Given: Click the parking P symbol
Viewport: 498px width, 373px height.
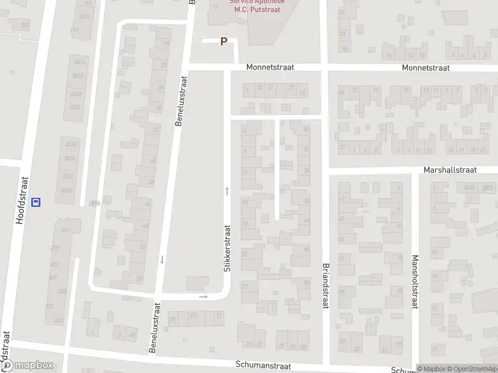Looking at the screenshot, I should pyautogui.click(x=224, y=42).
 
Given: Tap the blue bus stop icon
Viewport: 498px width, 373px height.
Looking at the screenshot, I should pyautogui.click(x=36, y=201).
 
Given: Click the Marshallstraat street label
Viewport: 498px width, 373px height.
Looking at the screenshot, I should pyautogui.click(x=449, y=169).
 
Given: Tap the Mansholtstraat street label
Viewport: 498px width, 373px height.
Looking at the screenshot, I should pyautogui.click(x=413, y=281).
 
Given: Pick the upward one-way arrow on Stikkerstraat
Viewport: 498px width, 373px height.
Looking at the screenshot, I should pyautogui.click(x=227, y=191).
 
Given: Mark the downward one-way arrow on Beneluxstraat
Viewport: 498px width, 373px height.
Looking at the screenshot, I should pyautogui.click(x=162, y=259).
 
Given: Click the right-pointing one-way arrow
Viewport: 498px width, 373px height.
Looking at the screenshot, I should pyautogui.click(x=204, y=297).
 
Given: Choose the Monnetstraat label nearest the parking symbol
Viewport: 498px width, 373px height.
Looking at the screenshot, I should pyautogui.click(x=270, y=67).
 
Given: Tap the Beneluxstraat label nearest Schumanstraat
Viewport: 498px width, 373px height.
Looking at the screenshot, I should pyautogui.click(x=154, y=328).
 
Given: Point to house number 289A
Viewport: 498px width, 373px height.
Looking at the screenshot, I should pyautogui.click(x=94, y=203).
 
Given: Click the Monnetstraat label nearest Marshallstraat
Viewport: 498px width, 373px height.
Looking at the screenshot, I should pyautogui.click(x=426, y=67).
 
